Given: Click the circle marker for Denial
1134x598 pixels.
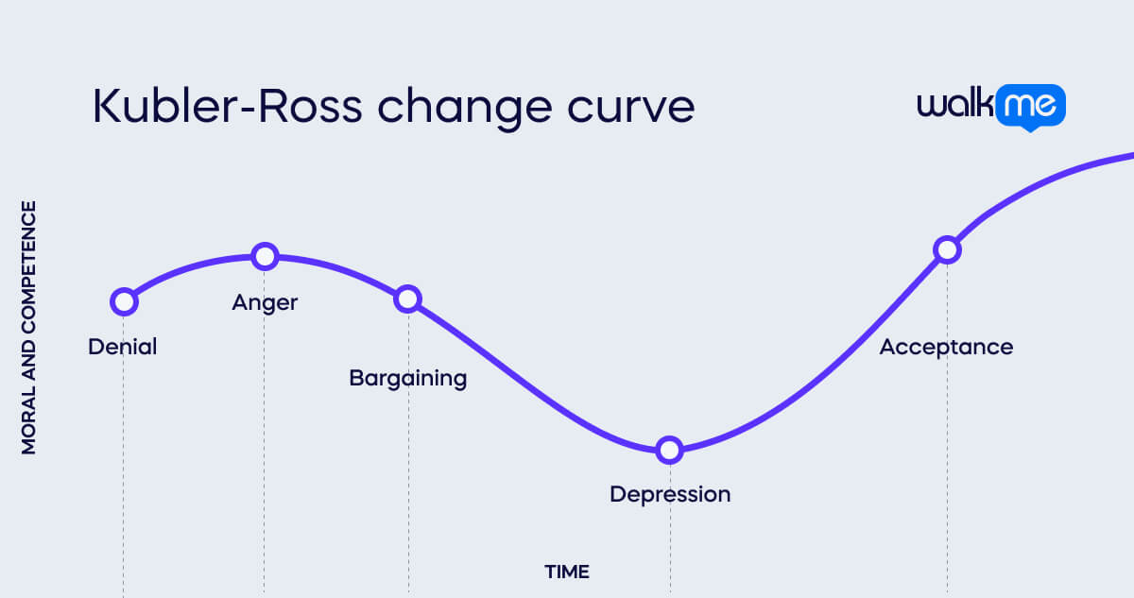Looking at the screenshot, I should [x=124, y=301].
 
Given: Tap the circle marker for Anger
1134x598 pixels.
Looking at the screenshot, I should [x=266, y=255].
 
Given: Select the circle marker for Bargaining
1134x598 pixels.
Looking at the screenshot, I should [x=407, y=299].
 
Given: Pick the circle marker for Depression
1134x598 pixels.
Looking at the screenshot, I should [x=669, y=450].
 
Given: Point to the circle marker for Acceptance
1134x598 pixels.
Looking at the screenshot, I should [x=947, y=249].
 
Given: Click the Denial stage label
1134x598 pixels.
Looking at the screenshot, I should [x=123, y=347].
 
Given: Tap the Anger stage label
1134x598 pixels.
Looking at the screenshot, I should [x=265, y=303].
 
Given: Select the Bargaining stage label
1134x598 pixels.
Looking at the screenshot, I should [x=408, y=379].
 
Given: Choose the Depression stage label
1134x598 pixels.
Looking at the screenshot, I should [x=670, y=494].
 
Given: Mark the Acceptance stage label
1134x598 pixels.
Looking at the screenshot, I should [x=946, y=347].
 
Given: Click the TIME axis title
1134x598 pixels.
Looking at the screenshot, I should [x=567, y=572].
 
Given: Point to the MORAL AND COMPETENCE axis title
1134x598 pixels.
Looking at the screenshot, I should [x=29, y=327].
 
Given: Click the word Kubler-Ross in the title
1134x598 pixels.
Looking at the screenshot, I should [x=227, y=108].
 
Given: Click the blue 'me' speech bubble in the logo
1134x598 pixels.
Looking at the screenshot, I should [x=1030, y=107].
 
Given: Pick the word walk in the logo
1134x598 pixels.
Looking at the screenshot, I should [x=954, y=104].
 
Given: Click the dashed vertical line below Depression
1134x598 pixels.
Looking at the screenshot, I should [x=670, y=548].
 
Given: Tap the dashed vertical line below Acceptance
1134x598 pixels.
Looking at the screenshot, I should [x=947, y=472].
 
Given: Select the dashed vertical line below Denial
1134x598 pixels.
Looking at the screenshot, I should [x=124, y=472].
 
